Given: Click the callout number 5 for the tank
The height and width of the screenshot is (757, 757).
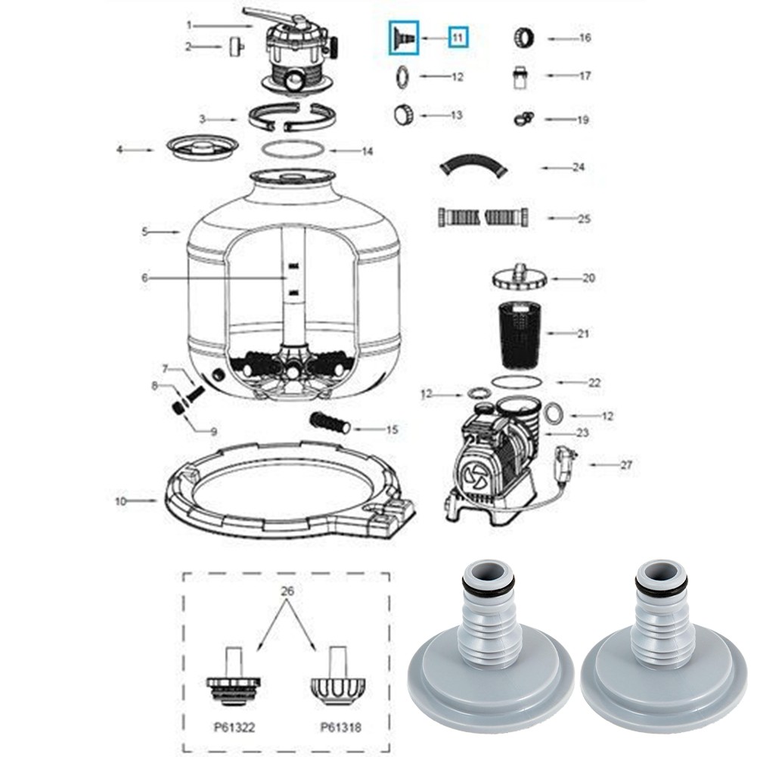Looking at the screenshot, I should [144, 232].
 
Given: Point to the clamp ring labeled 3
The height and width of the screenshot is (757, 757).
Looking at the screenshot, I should [291, 117].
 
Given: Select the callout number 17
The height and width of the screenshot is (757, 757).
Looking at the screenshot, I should [586, 76].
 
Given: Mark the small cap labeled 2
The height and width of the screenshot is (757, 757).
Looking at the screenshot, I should [234, 47].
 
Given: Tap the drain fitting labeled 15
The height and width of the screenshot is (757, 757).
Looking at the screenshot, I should [328, 423].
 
